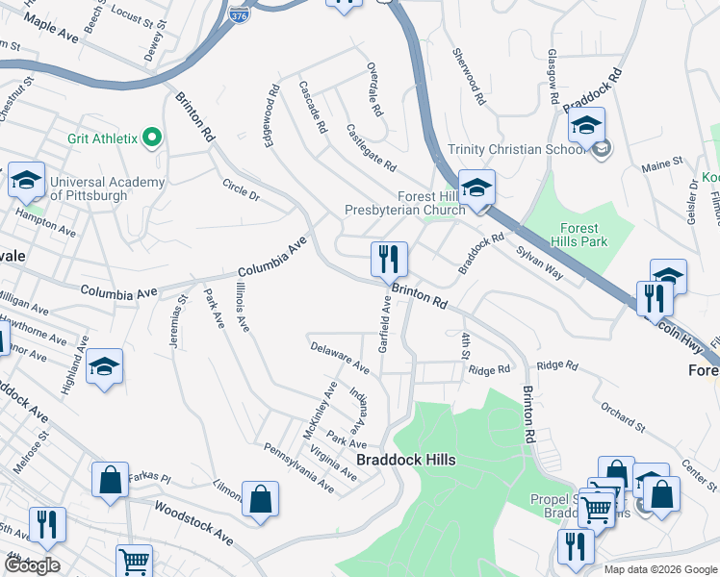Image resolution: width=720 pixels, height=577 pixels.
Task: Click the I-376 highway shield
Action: [238, 14]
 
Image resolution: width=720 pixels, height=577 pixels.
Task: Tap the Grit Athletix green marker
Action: [151, 138]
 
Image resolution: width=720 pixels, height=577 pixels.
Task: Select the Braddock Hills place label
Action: [405, 460]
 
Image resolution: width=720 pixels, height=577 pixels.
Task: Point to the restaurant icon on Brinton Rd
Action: [390, 260]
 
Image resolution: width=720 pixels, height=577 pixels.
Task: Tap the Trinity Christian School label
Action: [518, 149]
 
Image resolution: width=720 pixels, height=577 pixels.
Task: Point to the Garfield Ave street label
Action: [384, 324]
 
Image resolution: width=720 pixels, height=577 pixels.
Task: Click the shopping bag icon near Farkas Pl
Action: [110, 480]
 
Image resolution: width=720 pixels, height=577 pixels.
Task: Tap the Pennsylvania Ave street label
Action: [298, 467]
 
